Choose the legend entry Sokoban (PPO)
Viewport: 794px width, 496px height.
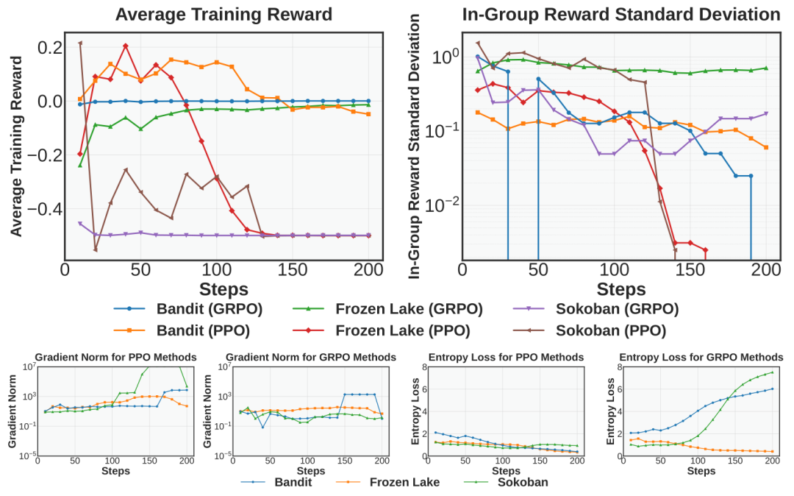[593, 331]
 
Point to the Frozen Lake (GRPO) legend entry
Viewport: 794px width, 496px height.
[397, 309]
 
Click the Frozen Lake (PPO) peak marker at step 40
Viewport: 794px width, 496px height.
[126, 46]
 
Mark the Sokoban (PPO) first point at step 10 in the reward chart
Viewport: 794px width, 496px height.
[80, 43]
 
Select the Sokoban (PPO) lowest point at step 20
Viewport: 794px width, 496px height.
[95, 249]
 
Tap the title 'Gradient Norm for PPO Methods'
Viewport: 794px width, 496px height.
[115, 357]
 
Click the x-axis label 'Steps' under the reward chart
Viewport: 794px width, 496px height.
[224, 288]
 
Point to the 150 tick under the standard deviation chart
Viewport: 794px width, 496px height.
[689, 270]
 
